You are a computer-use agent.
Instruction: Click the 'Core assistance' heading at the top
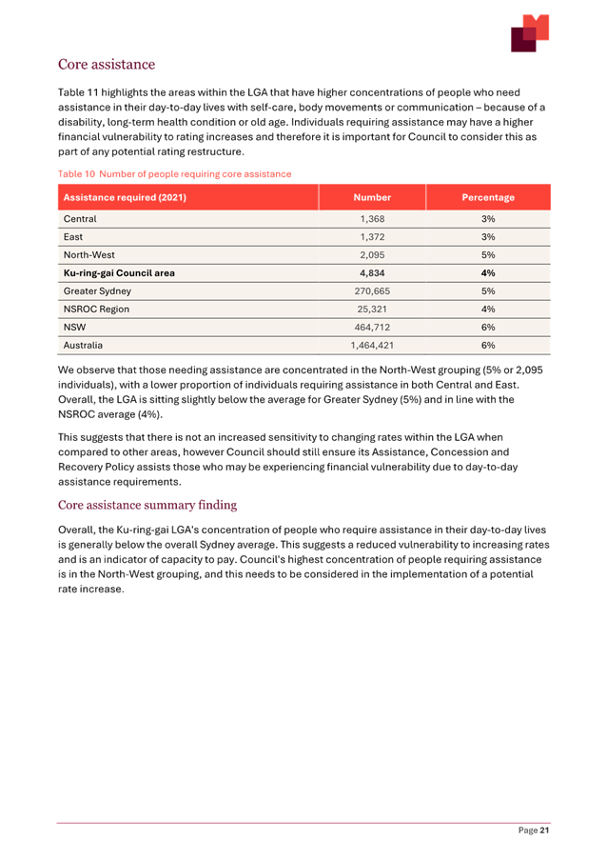(107, 65)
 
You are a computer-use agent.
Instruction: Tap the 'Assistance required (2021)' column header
(124, 197)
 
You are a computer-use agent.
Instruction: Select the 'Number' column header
(372, 197)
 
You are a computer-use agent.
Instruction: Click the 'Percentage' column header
(488, 197)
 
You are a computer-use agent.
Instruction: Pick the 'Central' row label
(80, 219)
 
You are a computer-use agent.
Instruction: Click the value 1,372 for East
(372, 237)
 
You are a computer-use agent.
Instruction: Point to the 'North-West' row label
(88, 255)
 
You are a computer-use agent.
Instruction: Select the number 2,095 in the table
(372, 255)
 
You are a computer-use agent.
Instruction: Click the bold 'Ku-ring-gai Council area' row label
(119, 273)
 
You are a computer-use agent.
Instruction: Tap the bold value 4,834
(372, 273)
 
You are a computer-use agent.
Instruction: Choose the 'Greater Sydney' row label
(97, 291)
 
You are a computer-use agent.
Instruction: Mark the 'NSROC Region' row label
(95, 310)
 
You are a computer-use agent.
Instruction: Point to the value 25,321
(372, 310)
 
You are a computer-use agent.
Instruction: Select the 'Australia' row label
(83, 345)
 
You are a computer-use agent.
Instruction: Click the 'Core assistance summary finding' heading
(147, 505)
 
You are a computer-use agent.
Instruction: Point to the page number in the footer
(534, 830)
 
